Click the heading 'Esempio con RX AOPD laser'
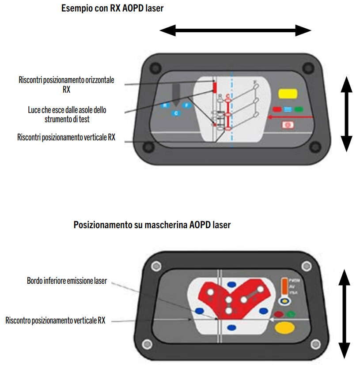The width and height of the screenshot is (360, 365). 112,8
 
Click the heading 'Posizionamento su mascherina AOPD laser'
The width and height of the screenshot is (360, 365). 152,225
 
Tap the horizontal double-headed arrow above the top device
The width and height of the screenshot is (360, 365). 235,30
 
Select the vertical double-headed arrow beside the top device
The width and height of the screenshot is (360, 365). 347,113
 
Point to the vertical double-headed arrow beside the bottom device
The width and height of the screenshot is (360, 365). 345,314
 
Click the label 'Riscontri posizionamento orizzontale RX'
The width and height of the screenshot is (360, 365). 66,84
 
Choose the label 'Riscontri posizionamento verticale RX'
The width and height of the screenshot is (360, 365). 66,137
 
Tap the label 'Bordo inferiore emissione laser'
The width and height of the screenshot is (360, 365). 67,281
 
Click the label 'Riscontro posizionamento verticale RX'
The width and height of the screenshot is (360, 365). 55,320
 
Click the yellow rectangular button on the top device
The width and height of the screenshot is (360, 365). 287,94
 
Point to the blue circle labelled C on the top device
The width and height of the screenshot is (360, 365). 176,113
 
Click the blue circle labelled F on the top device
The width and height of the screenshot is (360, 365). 187,105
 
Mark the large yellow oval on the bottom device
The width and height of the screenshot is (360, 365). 285,327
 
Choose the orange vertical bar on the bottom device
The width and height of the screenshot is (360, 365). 284,287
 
